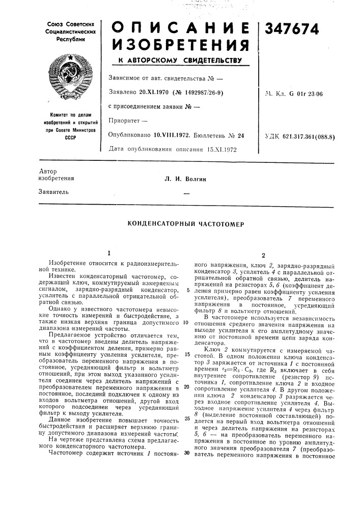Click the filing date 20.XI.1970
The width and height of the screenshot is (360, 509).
[154, 92]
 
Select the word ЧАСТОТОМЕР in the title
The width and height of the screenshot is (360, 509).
[219, 223]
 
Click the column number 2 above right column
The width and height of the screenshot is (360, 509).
[263, 256]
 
